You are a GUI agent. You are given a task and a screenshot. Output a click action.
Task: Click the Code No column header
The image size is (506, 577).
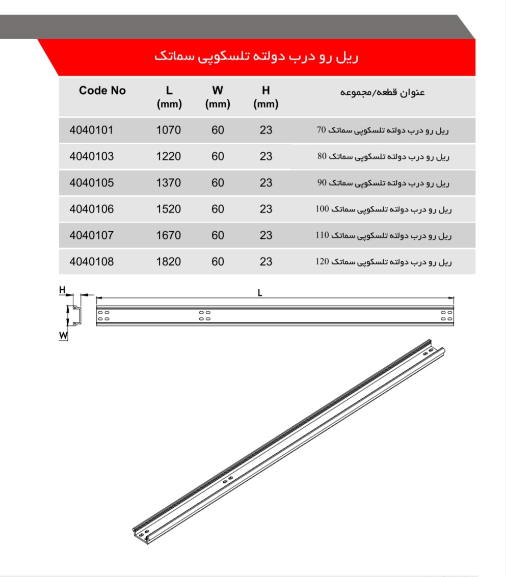click(x=102, y=91)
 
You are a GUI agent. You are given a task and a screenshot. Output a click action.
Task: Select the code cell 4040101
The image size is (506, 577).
click(x=91, y=130)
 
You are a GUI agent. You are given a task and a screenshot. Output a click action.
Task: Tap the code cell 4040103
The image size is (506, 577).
click(x=91, y=156)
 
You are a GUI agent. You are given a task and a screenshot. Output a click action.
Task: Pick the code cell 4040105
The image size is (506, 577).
click(x=91, y=182)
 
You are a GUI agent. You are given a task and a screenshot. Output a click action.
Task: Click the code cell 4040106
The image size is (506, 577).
click(x=91, y=209)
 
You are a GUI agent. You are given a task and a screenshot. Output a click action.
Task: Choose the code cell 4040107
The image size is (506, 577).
click(x=91, y=235)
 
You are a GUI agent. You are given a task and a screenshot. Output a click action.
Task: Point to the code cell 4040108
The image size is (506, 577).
click(x=91, y=262)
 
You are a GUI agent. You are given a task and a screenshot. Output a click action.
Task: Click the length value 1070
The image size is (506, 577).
click(x=168, y=130)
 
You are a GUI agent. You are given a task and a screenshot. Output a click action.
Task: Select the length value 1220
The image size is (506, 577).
click(x=168, y=156)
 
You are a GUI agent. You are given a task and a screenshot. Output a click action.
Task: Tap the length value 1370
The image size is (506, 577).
click(x=168, y=182)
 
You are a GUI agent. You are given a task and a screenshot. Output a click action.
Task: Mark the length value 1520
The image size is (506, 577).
click(x=168, y=209)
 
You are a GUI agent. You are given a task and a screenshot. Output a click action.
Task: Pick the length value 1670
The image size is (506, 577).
click(x=168, y=235)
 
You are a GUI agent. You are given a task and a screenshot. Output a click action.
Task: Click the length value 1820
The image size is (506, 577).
click(x=168, y=262)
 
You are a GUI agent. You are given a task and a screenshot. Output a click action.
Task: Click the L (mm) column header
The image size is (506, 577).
click(x=169, y=97)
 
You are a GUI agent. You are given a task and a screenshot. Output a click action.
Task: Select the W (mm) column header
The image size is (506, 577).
click(x=218, y=97)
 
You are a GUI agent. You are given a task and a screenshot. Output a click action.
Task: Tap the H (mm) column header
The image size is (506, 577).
click(x=265, y=97)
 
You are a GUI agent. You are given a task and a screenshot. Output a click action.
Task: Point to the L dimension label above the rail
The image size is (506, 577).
click(x=260, y=292)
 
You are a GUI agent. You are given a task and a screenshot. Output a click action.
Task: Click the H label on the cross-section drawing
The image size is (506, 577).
click(x=62, y=290)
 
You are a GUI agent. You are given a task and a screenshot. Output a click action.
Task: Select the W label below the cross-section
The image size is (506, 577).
click(x=63, y=335)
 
